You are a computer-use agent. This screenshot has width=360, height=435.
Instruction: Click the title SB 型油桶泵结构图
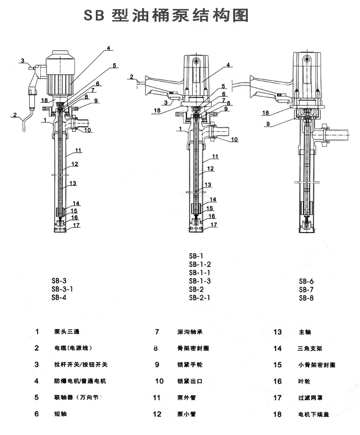(x=166, y=16)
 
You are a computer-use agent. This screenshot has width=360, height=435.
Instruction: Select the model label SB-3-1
(x=62, y=289)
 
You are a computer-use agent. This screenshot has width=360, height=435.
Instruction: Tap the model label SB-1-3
(x=200, y=280)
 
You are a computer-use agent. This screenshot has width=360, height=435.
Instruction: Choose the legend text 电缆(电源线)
(x=73, y=348)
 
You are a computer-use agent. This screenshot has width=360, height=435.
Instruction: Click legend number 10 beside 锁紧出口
(x=159, y=381)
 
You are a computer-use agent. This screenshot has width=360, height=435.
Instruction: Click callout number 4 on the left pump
(x=108, y=48)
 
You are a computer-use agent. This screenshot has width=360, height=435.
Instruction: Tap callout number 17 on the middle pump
(x=214, y=224)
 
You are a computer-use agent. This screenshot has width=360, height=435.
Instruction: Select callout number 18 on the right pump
(x=265, y=112)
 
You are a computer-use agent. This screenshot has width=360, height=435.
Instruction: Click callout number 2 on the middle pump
(x=131, y=77)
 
